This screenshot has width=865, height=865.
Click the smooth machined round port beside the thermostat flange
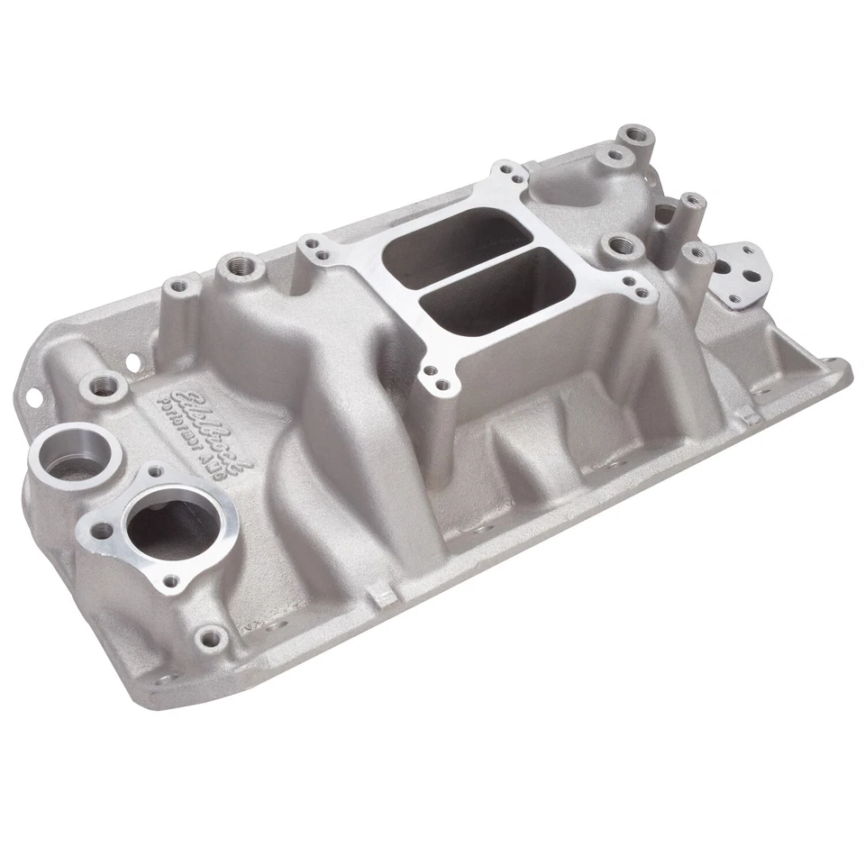pyautogui.click(x=77, y=457)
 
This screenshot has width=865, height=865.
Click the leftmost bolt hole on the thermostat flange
pyautogui.click(x=98, y=520)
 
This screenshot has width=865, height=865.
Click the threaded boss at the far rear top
pyautogui.click(x=636, y=136)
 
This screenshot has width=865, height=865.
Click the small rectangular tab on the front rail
pyautogui.click(x=384, y=593)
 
